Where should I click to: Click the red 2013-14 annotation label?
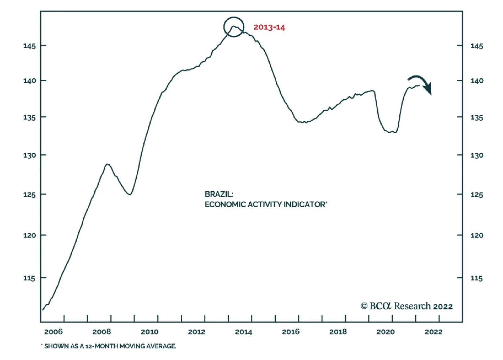(x=269, y=27)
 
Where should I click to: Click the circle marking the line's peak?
(x=234, y=27)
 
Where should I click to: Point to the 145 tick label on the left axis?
(x=30, y=46)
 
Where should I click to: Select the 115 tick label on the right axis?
(x=476, y=278)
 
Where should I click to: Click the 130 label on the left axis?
(x=30, y=155)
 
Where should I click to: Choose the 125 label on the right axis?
(x=477, y=195)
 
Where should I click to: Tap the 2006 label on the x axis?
(x=53, y=332)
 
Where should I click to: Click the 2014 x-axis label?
(x=244, y=332)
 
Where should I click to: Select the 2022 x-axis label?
(x=434, y=332)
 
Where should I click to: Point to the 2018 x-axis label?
(x=338, y=332)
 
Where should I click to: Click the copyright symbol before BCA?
(x=364, y=306)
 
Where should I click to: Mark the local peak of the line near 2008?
(x=108, y=164)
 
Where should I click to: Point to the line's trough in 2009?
(x=130, y=194)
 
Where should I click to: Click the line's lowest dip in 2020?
(x=390, y=132)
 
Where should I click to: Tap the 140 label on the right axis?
(x=477, y=81)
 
